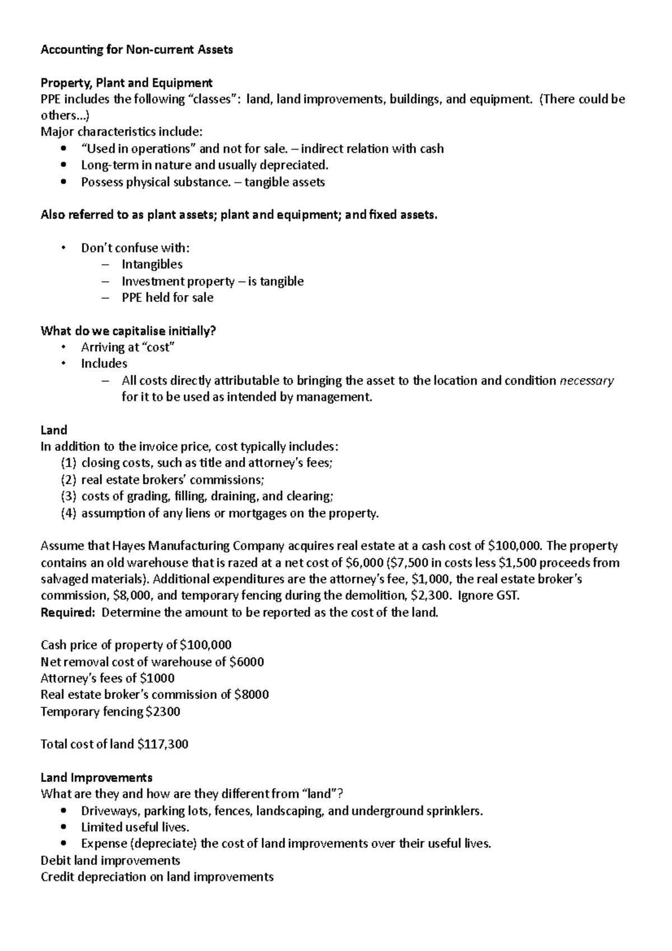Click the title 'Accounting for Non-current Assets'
(x=137, y=50)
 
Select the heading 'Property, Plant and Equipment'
(x=127, y=83)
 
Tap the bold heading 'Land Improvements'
(x=96, y=777)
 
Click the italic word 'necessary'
(x=587, y=381)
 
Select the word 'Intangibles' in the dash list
(x=152, y=264)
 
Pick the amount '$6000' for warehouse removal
(x=246, y=662)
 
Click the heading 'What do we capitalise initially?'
(x=128, y=331)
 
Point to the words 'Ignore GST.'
(x=489, y=596)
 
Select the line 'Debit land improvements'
(x=110, y=860)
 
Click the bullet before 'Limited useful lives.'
(x=65, y=827)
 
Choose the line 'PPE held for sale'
(x=167, y=298)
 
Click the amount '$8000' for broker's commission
(x=251, y=695)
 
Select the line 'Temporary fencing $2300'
(x=110, y=712)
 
